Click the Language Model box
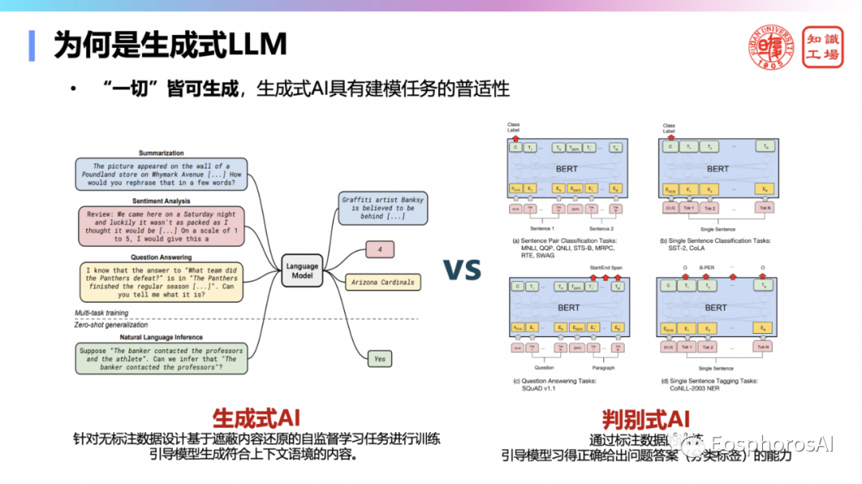click(x=302, y=271)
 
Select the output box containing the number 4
click(x=379, y=250)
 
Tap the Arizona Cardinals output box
click(x=382, y=282)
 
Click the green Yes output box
click(x=380, y=359)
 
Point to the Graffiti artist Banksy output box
click(x=383, y=207)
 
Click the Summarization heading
click(x=161, y=153)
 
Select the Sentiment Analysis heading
click(x=161, y=201)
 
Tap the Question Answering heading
click(x=160, y=257)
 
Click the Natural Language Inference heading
click(x=160, y=337)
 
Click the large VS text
click(x=462, y=269)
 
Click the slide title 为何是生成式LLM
click(x=170, y=46)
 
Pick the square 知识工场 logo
click(x=821, y=46)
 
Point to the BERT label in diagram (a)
click(x=567, y=169)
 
